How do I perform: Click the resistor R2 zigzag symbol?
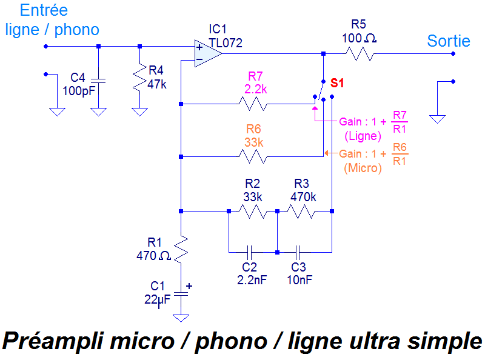point(253,211)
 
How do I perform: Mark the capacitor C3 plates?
point(298,252)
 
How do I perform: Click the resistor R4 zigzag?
point(140,77)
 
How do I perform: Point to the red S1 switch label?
point(337,84)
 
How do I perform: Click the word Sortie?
point(449,41)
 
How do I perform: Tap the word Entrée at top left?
point(44,10)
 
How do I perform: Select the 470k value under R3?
point(303,197)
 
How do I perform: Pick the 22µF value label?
point(157,299)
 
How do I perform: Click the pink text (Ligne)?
point(362,136)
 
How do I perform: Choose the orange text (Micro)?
point(363,168)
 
